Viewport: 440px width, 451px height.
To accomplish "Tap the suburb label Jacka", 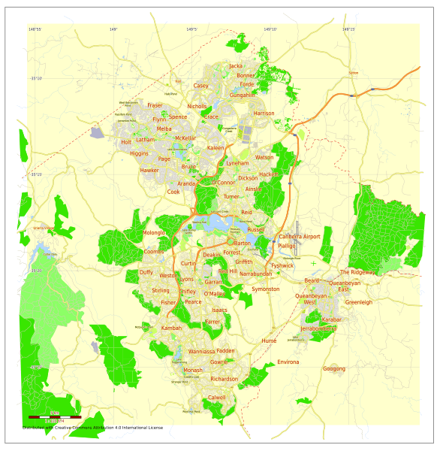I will tap(236, 66).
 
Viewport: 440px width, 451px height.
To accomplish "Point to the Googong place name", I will tap(334, 368).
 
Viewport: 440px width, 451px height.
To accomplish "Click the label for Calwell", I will tap(216, 397).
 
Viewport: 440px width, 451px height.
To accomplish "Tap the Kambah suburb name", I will tap(172, 328).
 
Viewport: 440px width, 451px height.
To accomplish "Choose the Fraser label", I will tap(155, 105).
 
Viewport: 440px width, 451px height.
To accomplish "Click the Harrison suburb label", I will tap(264, 114).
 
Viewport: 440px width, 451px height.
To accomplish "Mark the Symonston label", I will tap(265, 289).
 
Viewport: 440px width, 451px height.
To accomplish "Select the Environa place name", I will tap(288, 362).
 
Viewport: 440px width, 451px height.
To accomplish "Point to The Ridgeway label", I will tap(357, 272).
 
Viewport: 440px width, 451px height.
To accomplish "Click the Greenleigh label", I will tap(358, 302).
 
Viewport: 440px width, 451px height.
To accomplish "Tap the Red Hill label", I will tap(228, 271).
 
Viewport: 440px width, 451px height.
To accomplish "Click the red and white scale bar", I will tap(54, 416).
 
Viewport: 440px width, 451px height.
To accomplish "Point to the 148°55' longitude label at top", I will tap(35, 29).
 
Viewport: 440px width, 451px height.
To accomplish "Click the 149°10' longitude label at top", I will tap(270, 29).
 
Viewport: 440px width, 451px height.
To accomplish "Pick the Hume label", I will tap(269, 341).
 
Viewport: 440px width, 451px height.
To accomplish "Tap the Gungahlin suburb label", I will tap(243, 95).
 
